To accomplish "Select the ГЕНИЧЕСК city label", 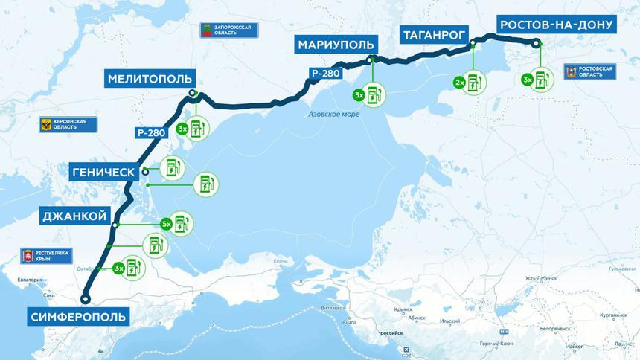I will (x=104, y=172).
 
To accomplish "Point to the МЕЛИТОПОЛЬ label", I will (x=150, y=78).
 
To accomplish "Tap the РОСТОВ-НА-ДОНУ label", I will (x=557, y=25).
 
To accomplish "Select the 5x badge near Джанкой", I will (x=167, y=223).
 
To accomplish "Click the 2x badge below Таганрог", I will (x=459, y=82).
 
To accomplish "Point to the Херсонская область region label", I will (x=68, y=124).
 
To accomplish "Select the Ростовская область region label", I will (x=591, y=71).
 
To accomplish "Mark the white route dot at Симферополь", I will (x=85, y=300).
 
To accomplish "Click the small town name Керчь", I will (x=280, y=262).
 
